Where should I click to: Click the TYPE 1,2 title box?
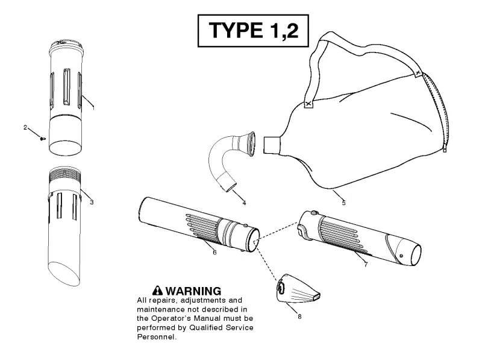point(253,31)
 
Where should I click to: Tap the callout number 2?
point(25,127)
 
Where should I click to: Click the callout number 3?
point(92,202)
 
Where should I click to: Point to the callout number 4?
point(244,203)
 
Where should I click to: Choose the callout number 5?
point(343,203)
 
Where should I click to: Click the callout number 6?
point(214,252)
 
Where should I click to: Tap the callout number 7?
point(366,264)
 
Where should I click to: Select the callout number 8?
point(299,317)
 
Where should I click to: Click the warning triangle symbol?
point(157,291)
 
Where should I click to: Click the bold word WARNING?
point(193,291)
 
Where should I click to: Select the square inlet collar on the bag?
point(272,145)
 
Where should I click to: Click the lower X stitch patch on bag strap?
point(308,104)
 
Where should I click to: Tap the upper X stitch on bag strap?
point(417,72)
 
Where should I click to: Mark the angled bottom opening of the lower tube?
point(64,274)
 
